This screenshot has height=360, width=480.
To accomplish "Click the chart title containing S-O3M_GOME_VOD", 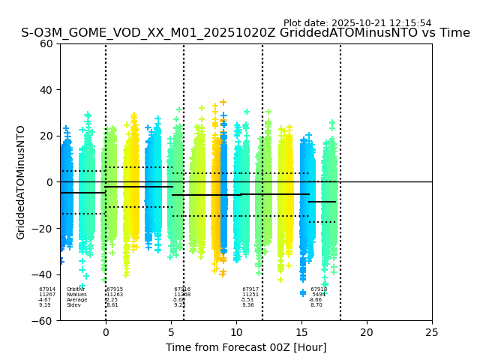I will pyautogui.click(x=245, y=33).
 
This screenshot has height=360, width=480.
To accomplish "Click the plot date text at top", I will pyautogui.click(x=357, y=23).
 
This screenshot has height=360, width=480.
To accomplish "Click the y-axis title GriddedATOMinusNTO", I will pyautogui.click(x=21, y=182).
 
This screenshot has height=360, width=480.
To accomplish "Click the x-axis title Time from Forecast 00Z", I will pyautogui.click(x=246, y=347).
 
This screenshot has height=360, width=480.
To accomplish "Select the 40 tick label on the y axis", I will pyautogui.click(x=46, y=90).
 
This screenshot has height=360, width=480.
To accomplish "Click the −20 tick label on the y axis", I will pyautogui.click(x=43, y=229).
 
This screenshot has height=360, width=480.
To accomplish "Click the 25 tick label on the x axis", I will pyautogui.click(x=432, y=331).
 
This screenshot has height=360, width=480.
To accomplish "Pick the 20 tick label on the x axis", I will pyautogui.click(x=367, y=331).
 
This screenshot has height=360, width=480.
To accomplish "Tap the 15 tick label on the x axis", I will pyautogui.click(x=301, y=331).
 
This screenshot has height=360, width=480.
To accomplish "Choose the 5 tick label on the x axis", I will pyautogui.click(x=171, y=331).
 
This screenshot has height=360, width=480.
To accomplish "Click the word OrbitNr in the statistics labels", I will pyautogui.click(x=76, y=289).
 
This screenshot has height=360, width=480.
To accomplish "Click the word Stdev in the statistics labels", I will pyautogui.click(x=73, y=305).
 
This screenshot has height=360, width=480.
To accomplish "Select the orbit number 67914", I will pyautogui.click(x=47, y=289).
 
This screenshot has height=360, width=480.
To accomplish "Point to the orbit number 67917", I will pyautogui.click(x=250, y=289).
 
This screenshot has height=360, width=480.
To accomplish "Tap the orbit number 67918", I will pyautogui.click(x=319, y=289).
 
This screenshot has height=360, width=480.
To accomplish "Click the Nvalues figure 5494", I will pyautogui.click(x=319, y=295).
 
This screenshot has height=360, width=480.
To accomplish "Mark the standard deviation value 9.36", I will pyautogui.click(x=248, y=305).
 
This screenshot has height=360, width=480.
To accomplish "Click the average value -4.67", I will pyautogui.click(x=45, y=300).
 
